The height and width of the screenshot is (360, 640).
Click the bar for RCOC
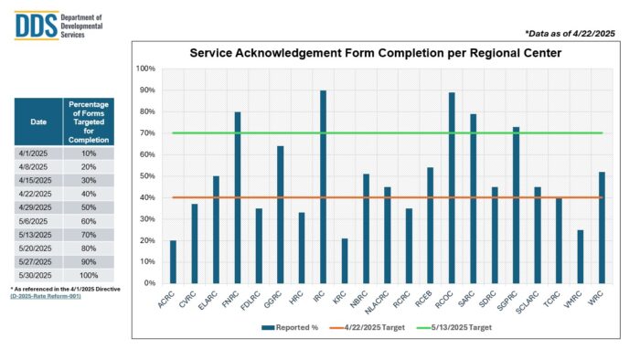451,188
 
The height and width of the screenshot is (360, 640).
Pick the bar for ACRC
173,262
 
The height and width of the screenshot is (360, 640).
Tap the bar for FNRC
237,197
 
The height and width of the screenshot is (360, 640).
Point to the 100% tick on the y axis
145,69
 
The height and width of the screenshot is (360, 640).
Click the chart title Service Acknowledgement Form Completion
375,53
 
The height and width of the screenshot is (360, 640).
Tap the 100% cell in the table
90,275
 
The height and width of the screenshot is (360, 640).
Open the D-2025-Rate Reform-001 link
48,297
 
